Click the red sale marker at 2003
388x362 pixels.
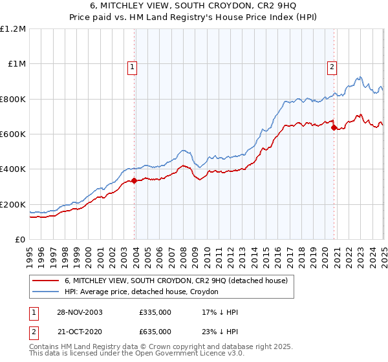(x=135, y=181)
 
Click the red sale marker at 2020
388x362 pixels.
(x=334, y=128)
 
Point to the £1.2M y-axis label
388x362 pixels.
(x=13, y=29)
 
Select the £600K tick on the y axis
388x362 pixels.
(x=13, y=134)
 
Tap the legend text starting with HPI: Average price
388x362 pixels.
(x=142, y=292)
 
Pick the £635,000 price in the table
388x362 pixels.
(x=155, y=332)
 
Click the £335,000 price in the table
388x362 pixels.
(x=155, y=312)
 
